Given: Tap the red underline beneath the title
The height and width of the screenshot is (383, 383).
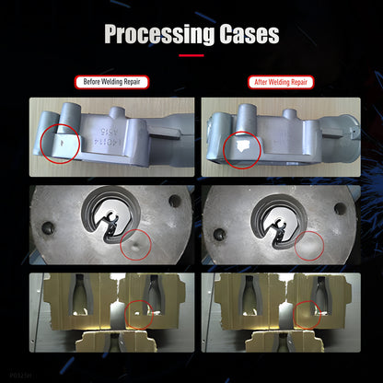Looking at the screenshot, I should click(x=191, y=56).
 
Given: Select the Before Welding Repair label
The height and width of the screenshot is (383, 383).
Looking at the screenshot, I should click(x=110, y=82).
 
